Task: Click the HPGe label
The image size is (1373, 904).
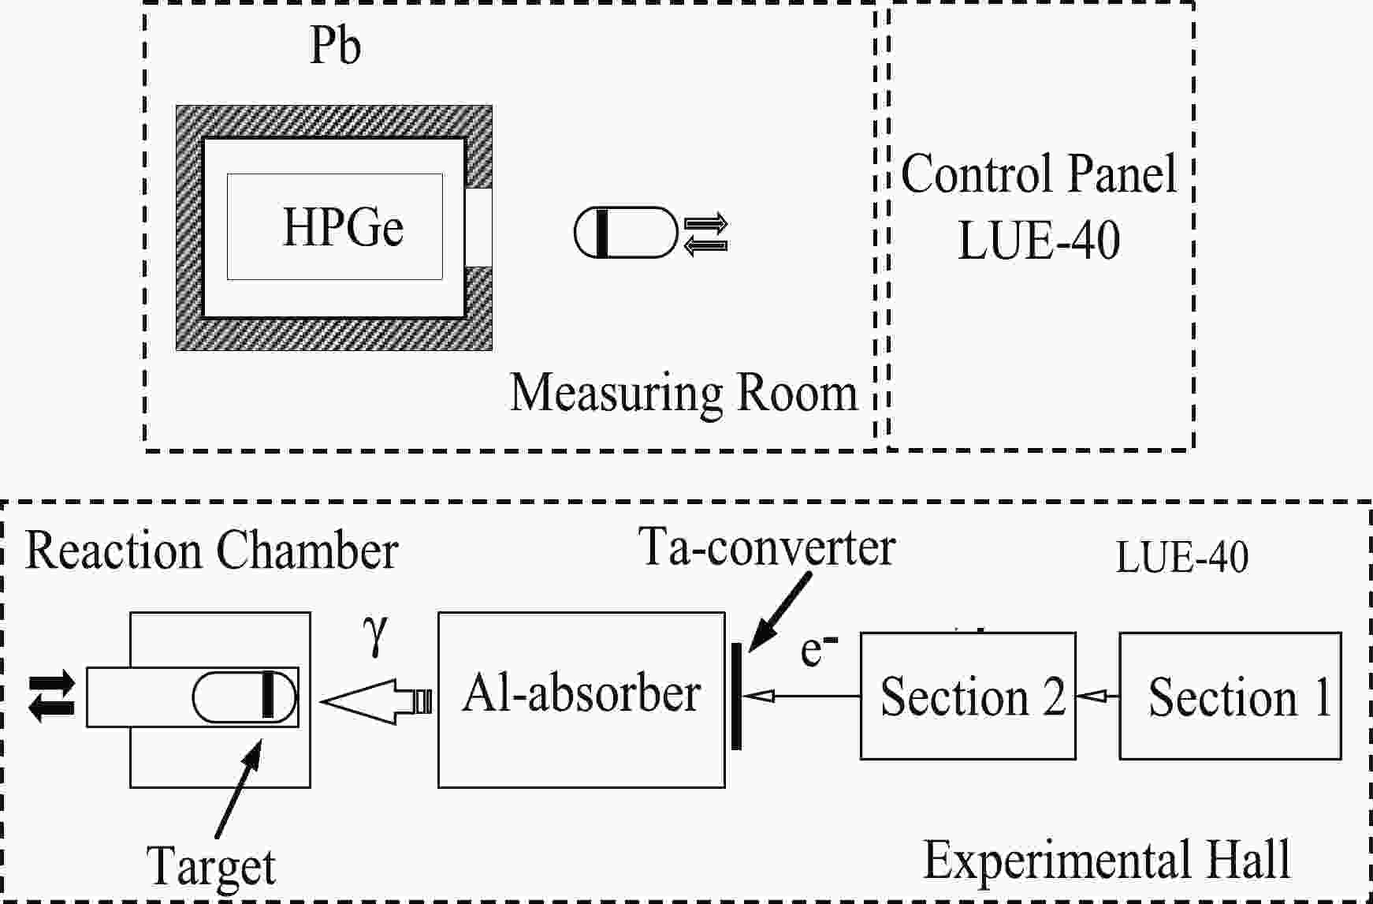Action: coord(343,227)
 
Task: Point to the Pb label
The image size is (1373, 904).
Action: coord(336,46)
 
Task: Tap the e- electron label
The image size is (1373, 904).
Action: coord(819,650)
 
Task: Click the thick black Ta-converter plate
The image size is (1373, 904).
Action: coord(736,696)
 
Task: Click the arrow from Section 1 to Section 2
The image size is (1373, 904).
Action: coord(1098,696)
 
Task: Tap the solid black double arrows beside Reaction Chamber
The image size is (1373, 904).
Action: coord(52,697)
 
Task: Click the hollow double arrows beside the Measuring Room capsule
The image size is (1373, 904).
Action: coord(705,235)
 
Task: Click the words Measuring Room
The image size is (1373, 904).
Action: coord(684,392)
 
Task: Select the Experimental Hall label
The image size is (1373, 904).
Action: coord(1107,859)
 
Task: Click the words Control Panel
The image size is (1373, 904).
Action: coord(1039,174)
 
